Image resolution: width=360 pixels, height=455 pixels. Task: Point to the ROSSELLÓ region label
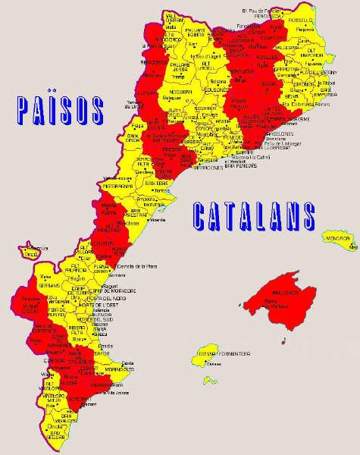point(302,21)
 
